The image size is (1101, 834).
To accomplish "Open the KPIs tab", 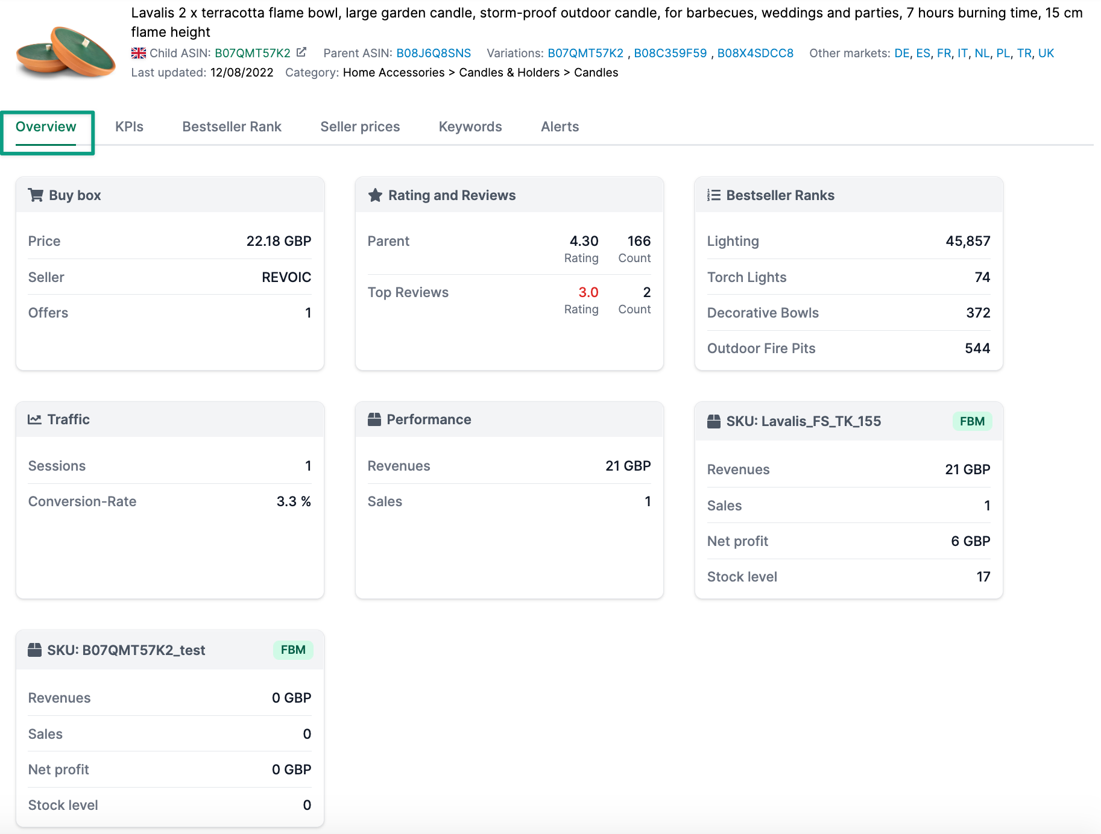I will coord(129,127).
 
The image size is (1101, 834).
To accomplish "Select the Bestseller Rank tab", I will coord(232,127).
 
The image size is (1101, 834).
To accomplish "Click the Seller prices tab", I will coord(360,127).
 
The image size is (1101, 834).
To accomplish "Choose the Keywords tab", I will coord(470,127).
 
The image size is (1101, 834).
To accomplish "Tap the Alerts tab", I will coord(560,127).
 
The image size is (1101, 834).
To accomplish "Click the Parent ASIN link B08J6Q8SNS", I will coord(433,53).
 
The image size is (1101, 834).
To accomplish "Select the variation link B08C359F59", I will coord(670,53).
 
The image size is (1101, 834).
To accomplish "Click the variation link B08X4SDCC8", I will coord(755,53).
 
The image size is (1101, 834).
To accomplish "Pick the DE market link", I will coord(901,53).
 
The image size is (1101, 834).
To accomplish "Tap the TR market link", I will coord(1023,53).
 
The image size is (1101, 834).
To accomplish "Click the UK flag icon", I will coord(139,53).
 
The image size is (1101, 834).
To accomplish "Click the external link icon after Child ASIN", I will coord(301,52).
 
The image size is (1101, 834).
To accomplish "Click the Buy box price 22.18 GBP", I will coord(279,241).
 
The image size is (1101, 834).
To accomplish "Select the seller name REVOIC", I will coord(286,277).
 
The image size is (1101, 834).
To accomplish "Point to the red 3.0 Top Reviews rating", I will coord(588,292).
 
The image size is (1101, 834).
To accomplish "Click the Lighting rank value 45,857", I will coord(967,241).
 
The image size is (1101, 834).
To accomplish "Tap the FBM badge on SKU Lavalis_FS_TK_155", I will coord(971,421).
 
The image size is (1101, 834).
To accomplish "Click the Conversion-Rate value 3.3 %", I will coord(293,501).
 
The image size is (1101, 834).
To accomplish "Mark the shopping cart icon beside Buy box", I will coord(36,195).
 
